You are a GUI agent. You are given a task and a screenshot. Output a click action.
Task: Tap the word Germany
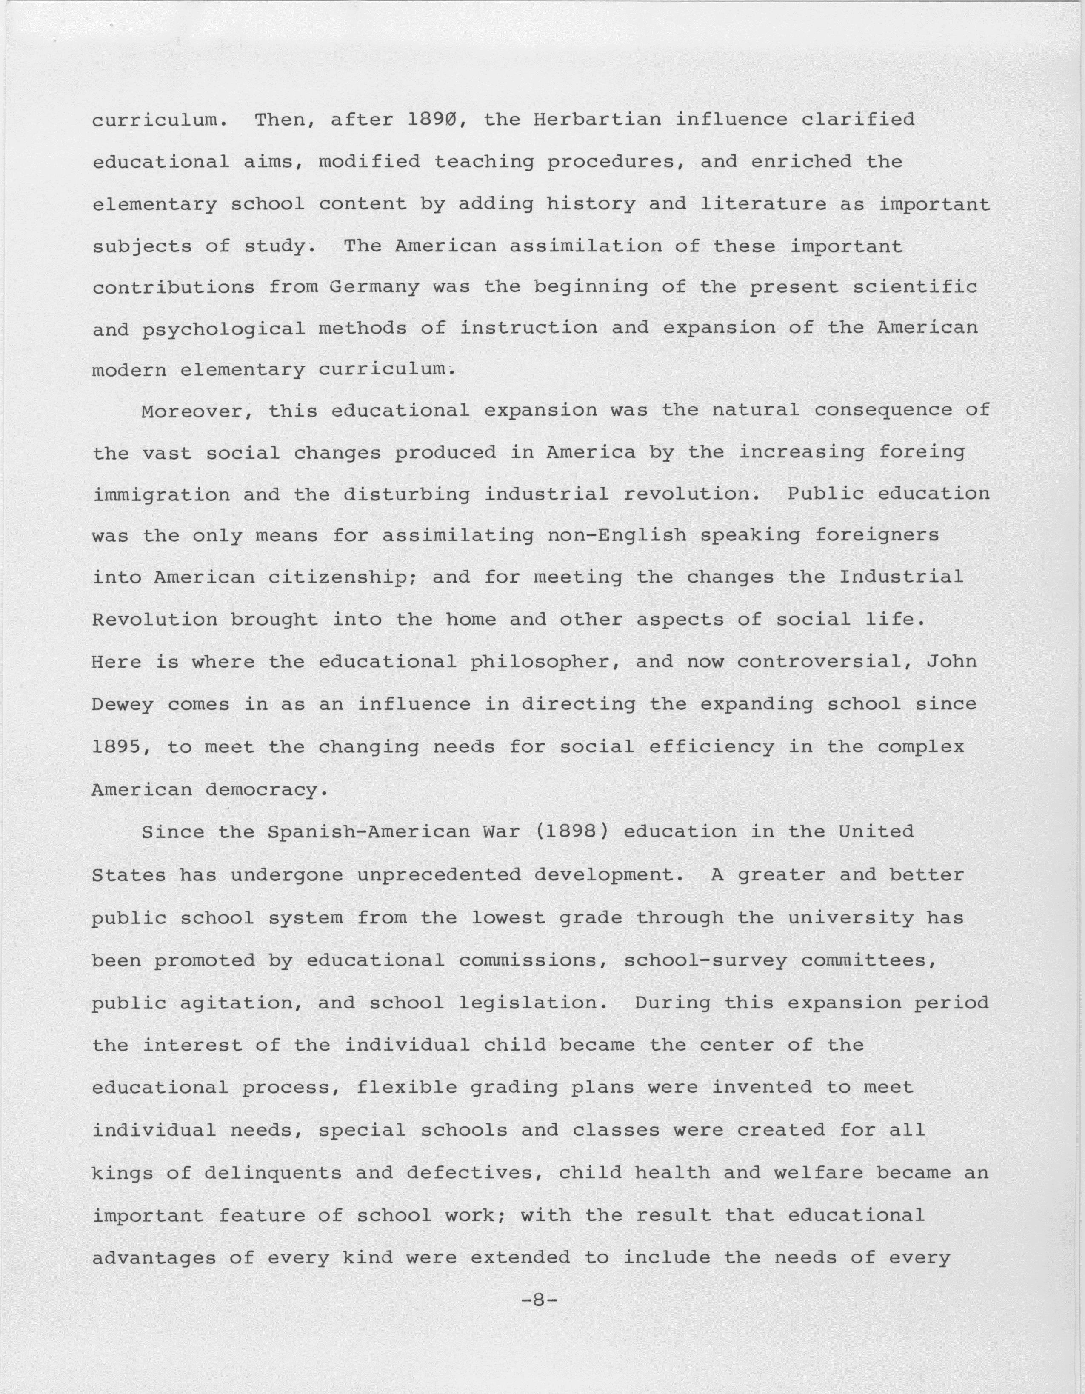pyautogui.click(x=374, y=288)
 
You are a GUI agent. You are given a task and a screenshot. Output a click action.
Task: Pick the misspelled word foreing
pyautogui.click(x=921, y=453)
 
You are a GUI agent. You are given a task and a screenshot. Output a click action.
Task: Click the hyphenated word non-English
pyautogui.click(x=617, y=535)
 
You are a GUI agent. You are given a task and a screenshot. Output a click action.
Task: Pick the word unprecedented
pyautogui.click(x=438, y=875)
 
